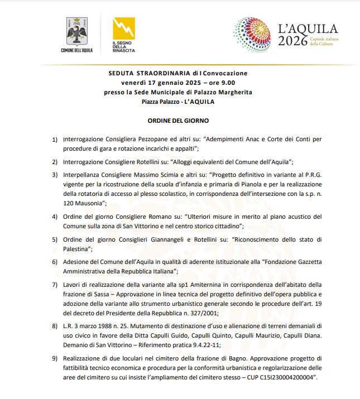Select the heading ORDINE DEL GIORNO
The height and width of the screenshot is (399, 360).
pyautogui.click(x=178, y=120)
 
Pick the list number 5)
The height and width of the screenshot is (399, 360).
pyautogui.click(x=55, y=239)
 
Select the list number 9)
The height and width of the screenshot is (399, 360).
pyautogui.click(x=55, y=357)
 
